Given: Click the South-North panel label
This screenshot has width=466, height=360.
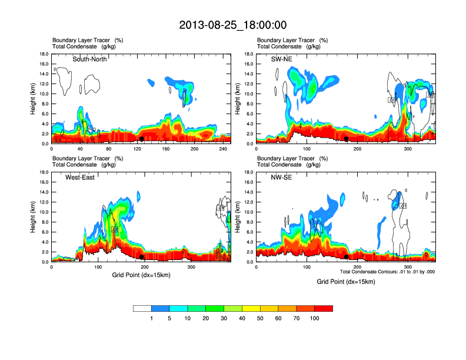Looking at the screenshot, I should (x=89, y=59).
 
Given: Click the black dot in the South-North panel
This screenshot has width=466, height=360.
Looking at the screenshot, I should (x=141, y=139).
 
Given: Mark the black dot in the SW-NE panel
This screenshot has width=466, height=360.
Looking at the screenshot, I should (x=347, y=139).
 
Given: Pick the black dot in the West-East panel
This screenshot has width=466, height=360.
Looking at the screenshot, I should (x=141, y=257).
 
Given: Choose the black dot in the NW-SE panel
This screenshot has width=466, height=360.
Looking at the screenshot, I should (x=347, y=257).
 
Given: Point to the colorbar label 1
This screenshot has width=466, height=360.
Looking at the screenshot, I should (x=151, y=318).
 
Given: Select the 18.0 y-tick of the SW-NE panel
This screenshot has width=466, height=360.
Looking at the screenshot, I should (x=250, y=54).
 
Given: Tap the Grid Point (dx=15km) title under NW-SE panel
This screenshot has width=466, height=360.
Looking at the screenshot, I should (x=345, y=282).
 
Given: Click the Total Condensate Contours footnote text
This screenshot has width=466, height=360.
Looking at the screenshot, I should (x=387, y=272).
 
